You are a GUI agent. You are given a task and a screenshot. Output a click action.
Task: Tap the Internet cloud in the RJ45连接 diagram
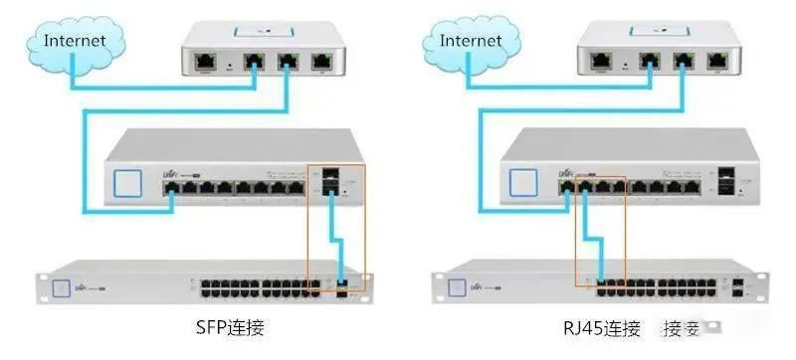point(469,45)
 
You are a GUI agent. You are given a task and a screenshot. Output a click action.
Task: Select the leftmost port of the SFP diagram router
point(206,60)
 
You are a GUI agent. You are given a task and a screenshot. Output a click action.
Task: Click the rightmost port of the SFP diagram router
point(319,60)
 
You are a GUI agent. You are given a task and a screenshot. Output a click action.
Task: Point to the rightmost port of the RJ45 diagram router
point(718,60)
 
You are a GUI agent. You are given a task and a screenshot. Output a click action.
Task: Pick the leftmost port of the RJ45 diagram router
point(604,60)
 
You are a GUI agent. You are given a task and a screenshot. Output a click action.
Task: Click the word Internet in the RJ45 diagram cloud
point(470,41)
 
